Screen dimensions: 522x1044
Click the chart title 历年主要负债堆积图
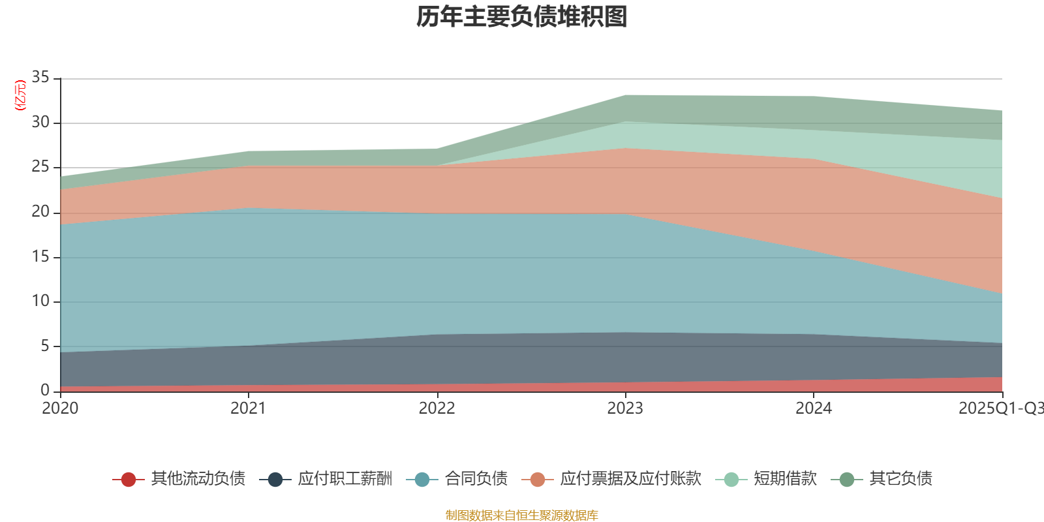pyautogui.click(x=522, y=17)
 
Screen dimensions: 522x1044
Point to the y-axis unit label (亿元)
pyautogui.click(x=20, y=95)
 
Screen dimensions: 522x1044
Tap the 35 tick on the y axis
pyautogui.click(x=40, y=78)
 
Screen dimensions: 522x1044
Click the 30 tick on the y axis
pyautogui.click(x=40, y=122)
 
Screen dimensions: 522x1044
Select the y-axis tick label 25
pyautogui.click(x=40, y=167)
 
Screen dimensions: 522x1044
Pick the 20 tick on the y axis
pyautogui.click(x=40, y=211)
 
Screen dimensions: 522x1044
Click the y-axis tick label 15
pyautogui.click(x=40, y=256)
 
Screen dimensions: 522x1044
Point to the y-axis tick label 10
pyautogui.click(x=40, y=301)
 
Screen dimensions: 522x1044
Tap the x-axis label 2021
pyautogui.click(x=248, y=408)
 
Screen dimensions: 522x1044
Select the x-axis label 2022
pyautogui.click(x=437, y=408)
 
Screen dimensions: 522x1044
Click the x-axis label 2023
pyautogui.click(x=625, y=408)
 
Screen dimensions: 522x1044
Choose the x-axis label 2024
pyautogui.click(x=813, y=408)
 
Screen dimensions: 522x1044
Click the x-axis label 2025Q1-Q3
pyautogui.click(x=1000, y=408)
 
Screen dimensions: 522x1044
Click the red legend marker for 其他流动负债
pyautogui.click(x=129, y=480)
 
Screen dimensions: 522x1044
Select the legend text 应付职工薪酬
pyautogui.click(x=345, y=479)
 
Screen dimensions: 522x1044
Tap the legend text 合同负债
pyautogui.click(x=476, y=479)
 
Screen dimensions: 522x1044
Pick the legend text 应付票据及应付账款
pyautogui.click(x=630, y=479)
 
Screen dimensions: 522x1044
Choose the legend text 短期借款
pyautogui.click(x=785, y=479)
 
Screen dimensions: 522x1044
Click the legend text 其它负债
pyautogui.click(x=900, y=479)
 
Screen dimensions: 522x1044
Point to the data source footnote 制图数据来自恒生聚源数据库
pyautogui.click(x=522, y=515)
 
